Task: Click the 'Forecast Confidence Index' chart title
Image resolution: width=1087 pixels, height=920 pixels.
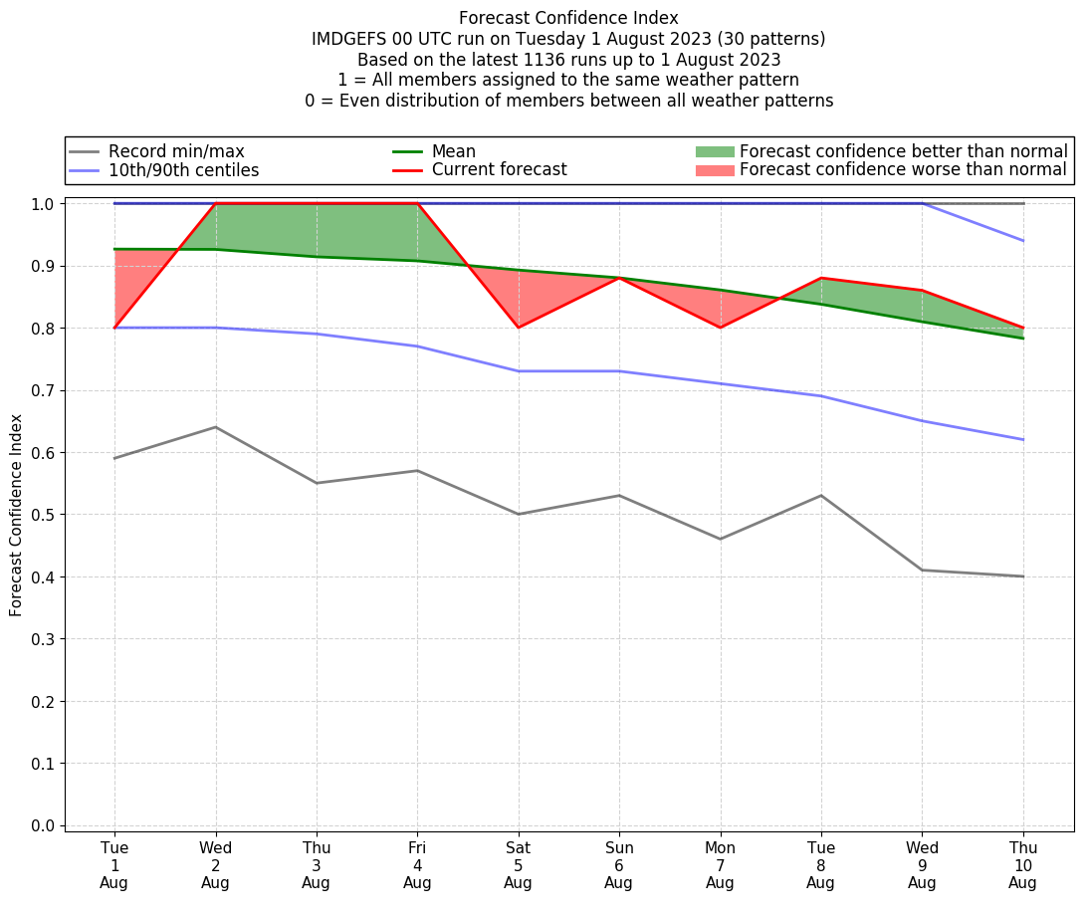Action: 568,18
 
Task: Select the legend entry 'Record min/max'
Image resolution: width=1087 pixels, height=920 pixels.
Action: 175,151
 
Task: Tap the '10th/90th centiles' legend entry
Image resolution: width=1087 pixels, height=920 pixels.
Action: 183,170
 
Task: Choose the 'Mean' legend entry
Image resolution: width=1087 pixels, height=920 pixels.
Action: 453,151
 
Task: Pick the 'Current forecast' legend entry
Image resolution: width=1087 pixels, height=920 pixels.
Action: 499,170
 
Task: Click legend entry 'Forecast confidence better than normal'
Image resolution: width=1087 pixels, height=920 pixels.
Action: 903,151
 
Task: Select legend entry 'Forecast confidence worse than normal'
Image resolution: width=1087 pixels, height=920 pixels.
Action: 903,170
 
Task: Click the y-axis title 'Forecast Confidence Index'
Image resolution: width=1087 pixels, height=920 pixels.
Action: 17,516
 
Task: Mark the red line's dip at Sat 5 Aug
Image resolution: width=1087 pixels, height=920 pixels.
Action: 518,328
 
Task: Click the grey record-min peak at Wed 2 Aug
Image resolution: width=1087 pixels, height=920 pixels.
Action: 215,427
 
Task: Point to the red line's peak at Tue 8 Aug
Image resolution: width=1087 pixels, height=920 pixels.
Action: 820,278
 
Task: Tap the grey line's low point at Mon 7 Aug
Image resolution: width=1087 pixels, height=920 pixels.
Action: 720,539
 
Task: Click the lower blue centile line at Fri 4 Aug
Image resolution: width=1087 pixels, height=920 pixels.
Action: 417,346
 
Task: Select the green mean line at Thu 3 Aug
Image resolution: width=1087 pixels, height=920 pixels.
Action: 317,257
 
